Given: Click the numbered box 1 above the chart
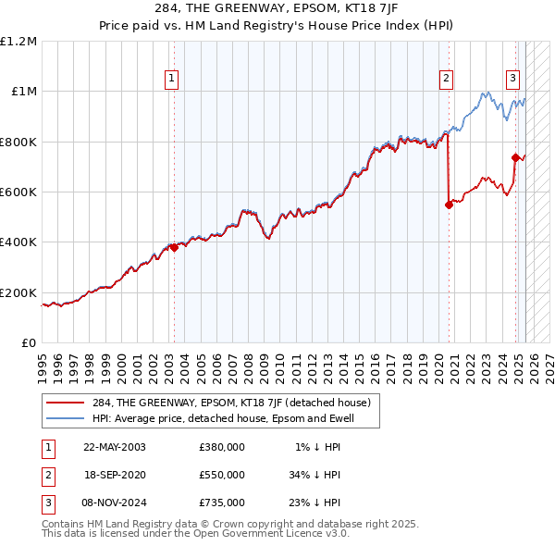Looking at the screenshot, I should coord(173,79).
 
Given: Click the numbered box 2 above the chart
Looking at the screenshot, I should coord(446,79).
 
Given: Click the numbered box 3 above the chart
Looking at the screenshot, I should coord(512,79).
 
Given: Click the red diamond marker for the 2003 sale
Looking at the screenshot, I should coord(174,247).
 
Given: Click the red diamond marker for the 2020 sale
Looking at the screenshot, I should coord(449,205).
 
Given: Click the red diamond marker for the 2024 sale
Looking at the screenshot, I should coord(515,158).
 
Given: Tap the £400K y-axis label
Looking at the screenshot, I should coord(19,242).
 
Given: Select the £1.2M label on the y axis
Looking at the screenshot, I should coord(19,42).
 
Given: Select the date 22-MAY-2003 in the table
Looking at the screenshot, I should coord(115,447).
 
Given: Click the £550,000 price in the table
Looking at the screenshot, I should coord(222,475).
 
